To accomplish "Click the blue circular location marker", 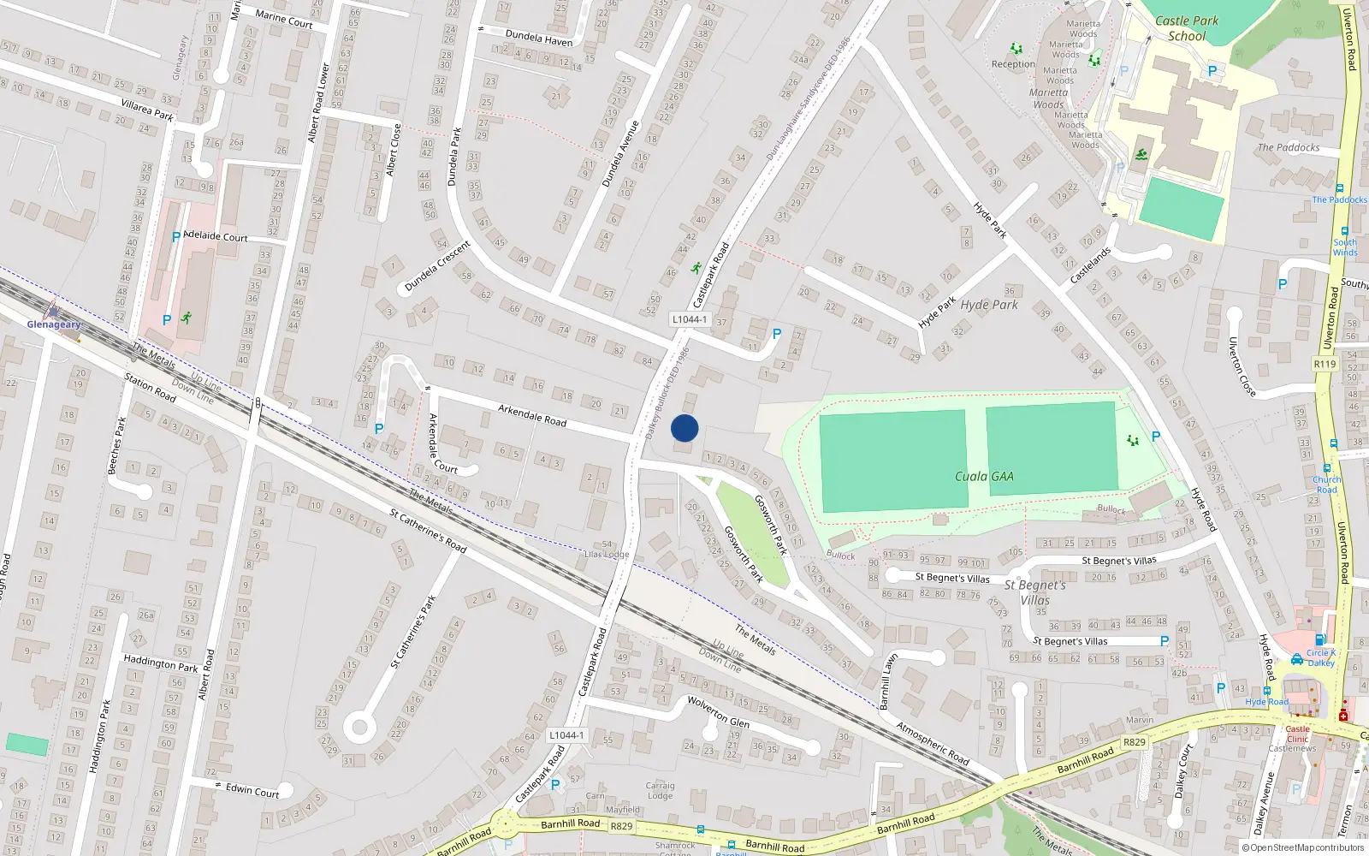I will pos(684,428).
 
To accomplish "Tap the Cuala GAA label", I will pos(984,477).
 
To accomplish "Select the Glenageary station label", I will pos(54,324).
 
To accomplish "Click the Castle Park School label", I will pos(1187,28).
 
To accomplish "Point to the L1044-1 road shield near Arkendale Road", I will pos(689,319).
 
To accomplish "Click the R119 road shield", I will pos(1325,364).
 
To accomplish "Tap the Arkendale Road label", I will pos(532,416).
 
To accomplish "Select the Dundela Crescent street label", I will pos(437,265).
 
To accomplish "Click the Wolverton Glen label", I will pos(718,712).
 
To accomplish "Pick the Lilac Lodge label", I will pos(607,555).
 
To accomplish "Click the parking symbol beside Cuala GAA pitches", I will pos(1156,437).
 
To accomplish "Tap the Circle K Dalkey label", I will pos(1320,657).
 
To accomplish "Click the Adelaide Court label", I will pos(215,236).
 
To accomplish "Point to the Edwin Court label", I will pos(252,790).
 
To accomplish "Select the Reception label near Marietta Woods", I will pos(1013,64).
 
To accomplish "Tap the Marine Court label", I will pos(284,19).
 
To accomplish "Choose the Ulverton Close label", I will pos(1242,367).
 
